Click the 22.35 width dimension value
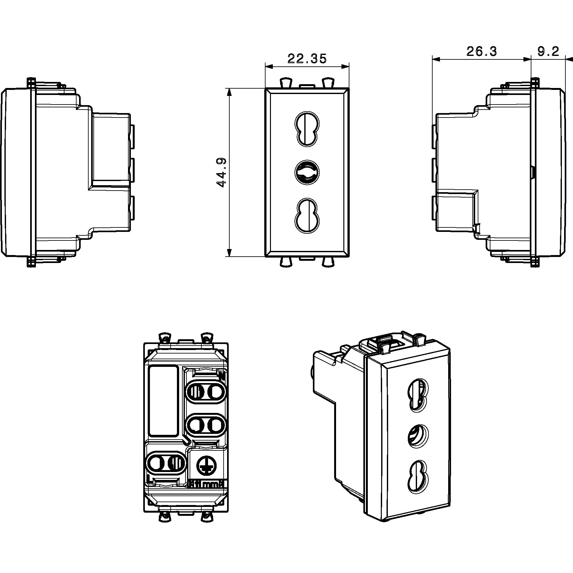pyautogui.click(x=307, y=59)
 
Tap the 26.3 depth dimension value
pyautogui.click(x=481, y=51)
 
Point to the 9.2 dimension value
pyautogui.click(x=548, y=51)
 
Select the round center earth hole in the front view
pyautogui.click(x=307, y=173)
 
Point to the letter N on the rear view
pyautogui.click(x=222, y=376)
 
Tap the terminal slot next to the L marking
pyautogui.click(x=165, y=462)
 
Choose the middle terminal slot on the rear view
pyautogui.click(x=206, y=425)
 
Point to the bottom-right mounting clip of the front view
pyautogui.click(x=327, y=262)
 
